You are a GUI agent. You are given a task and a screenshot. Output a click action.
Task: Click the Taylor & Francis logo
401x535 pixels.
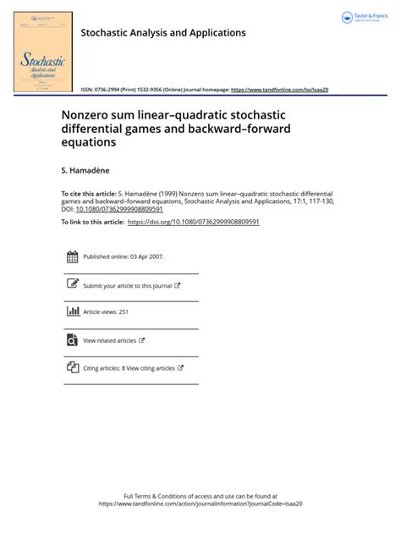pyautogui.click(x=365, y=17)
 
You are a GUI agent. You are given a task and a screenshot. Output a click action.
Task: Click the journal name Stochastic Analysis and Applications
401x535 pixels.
pyautogui.click(x=162, y=33)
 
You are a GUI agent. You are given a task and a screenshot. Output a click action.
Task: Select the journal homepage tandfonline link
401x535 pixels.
pyautogui.click(x=279, y=90)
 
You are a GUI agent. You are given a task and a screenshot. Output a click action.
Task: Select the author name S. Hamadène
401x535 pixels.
pyautogui.click(x=86, y=171)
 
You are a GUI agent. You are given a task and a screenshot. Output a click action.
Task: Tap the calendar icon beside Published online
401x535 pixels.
pyautogui.click(x=72, y=257)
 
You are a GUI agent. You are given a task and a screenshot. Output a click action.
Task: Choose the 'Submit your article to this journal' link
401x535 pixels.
pyautogui.click(x=128, y=285)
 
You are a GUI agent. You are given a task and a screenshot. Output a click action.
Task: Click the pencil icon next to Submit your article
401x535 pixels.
pyautogui.click(x=72, y=284)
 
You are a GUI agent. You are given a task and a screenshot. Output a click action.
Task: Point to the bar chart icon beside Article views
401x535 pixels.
pyautogui.click(x=72, y=312)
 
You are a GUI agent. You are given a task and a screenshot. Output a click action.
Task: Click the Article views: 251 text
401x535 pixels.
pyautogui.click(x=105, y=312)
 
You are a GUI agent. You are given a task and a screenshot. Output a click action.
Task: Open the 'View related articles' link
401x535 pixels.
pyautogui.click(x=110, y=340)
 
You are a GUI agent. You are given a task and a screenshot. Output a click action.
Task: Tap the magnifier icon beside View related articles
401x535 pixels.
pyautogui.click(x=72, y=339)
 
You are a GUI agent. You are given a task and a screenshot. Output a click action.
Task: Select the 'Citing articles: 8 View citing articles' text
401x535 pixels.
pyautogui.click(x=129, y=368)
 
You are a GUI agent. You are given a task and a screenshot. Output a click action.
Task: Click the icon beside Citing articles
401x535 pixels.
pyautogui.click(x=72, y=367)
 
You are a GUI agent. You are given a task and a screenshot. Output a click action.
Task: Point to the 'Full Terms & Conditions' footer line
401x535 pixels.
pyautogui.click(x=200, y=496)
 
